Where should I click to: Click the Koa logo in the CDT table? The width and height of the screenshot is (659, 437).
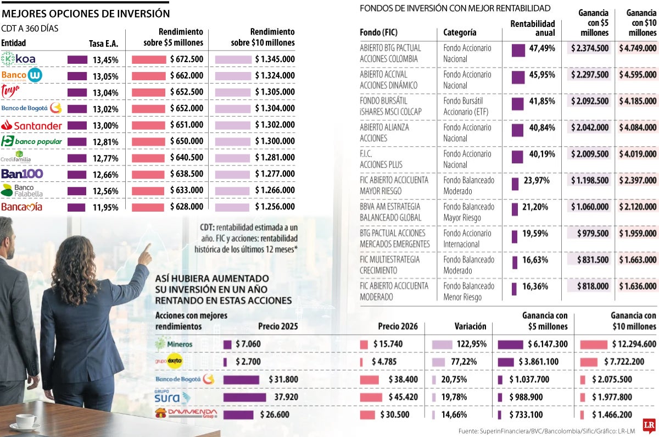pyautogui.click(x=19, y=59)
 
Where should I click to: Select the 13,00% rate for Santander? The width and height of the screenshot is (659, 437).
pyautogui.click(x=105, y=126)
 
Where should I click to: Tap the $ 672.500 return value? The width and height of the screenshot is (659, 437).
pyautogui.click(x=187, y=59)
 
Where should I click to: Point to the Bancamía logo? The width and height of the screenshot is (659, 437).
pyautogui.click(x=22, y=207)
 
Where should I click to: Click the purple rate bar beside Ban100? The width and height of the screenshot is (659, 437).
pyautogui.click(x=77, y=175)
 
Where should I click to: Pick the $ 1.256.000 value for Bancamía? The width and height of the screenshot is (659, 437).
pyautogui.click(x=275, y=207)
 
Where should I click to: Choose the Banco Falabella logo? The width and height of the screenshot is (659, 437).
pyautogui.click(x=22, y=191)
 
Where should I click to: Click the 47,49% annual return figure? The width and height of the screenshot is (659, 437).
pyautogui.click(x=542, y=48)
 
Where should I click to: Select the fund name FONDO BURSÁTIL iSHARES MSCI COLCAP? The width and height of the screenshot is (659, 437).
pyautogui.click(x=390, y=106)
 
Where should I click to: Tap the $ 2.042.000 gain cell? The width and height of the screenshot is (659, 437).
pyautogui.click(x=590, y=128)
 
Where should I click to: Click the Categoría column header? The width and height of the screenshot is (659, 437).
pyautogui.click(x=460, y=32)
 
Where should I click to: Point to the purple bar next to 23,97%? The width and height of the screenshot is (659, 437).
pyautogui.click(x=515, y=184)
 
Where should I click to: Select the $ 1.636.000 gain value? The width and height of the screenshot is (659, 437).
pyautogui.click(x=638, y=286)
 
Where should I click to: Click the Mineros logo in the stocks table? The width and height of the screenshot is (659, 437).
pyautogui.click(x=174, y=344)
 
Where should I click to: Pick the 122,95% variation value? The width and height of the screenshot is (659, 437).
pyautogui.click(x=472, y=344)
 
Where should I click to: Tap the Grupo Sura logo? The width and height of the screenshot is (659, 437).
pyautogui.click(x=172, y=397)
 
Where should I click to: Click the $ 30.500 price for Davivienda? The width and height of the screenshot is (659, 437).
pyautogui.click(x=394, y=415)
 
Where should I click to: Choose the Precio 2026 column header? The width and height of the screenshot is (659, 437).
pyautogui.click(x=398, y=327)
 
